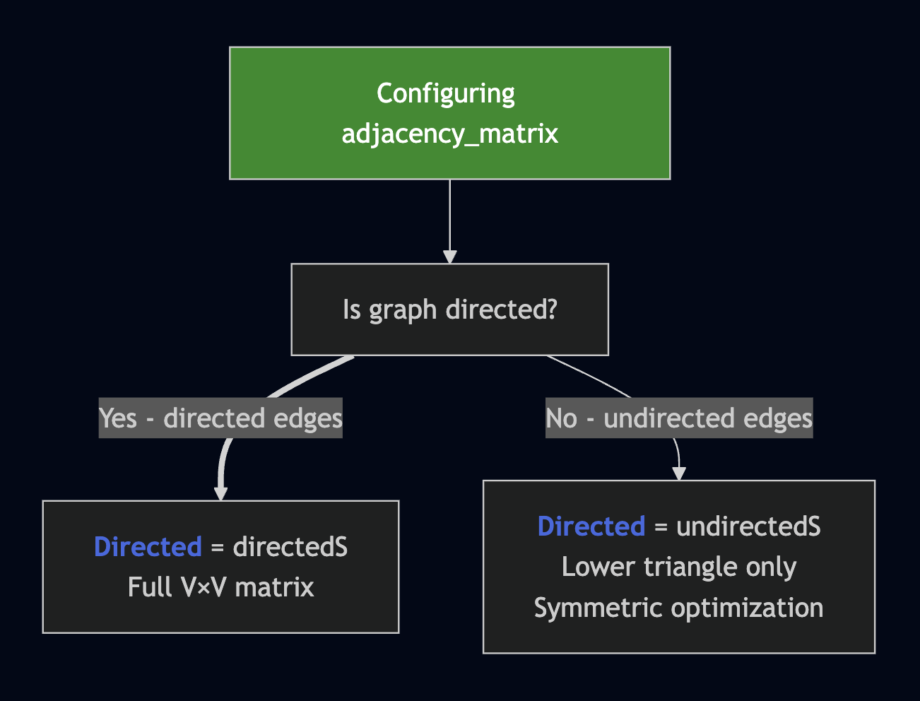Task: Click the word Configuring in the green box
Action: (x=445, y=93)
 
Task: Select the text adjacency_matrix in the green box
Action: (x=449, y=134)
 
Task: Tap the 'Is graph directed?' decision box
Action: (x=449, y=310)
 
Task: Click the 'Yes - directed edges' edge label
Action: (x=220, y=418)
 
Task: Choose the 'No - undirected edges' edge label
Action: (x=678, y=418)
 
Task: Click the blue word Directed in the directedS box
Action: (x=148, y=547)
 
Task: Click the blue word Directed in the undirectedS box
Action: (x=591, y=526)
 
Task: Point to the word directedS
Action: (x=290, y=547)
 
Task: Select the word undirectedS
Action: (x=748, y=526)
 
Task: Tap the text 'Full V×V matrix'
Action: (x=220, y=587)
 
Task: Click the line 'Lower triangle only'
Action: (x=678, y=567)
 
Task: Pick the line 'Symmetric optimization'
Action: (x=678, y=608)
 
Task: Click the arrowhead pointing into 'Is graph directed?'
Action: (x=449, y=257)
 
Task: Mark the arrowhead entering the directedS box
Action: (x=221, y=493)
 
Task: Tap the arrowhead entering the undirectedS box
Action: (x=679, y=473)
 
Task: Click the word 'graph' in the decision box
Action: (x=403, y=310)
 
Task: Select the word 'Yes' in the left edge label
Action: (x=118, y=418)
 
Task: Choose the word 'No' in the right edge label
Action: (x=562, y=418)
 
